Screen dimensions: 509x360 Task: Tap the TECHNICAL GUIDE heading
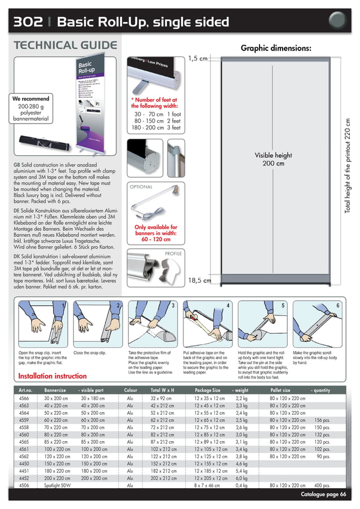coord(65,46)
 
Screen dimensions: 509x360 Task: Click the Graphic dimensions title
coord(276,48)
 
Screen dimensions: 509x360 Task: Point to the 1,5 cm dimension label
coord(197,58)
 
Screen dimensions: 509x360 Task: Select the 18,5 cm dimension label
coord(199,280)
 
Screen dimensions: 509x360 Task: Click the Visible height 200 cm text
coord(273,160)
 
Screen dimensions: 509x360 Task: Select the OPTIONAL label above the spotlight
coord(142,186)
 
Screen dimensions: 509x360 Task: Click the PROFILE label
coord(172,254)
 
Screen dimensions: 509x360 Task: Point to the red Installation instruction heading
coord(52,376)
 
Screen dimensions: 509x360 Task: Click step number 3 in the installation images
coord(172,305)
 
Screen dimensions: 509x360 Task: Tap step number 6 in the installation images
coord(337,305)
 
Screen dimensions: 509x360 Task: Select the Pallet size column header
coord(280,390)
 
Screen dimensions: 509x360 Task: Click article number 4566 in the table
coord(24,398)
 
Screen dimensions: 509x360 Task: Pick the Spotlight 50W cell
coord(57,485)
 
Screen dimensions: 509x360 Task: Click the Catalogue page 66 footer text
coord(323,494)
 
